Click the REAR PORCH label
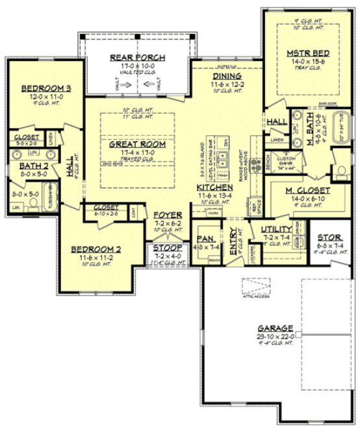(137, 58)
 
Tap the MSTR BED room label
(307, 53)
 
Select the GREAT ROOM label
(137, 144)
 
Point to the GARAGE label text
(275, 328)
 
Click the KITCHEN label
(211, 187)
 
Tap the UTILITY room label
(276, 230)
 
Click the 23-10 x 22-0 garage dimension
(275, 336)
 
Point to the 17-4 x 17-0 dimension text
(137, 153)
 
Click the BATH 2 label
(31, 167)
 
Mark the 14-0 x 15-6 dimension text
(307, 62)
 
